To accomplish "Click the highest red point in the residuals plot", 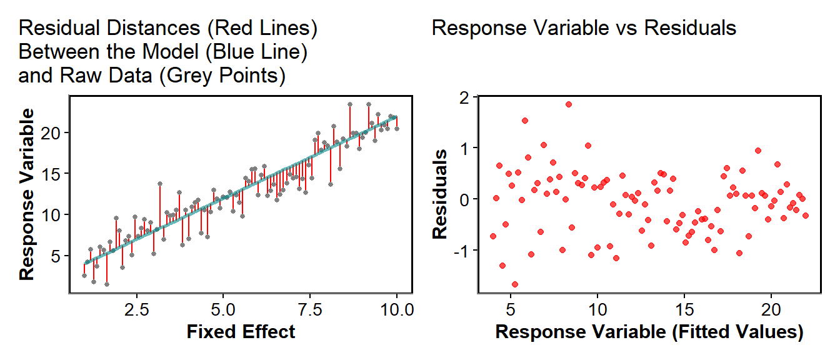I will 568,104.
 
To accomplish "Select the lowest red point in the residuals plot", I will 515,284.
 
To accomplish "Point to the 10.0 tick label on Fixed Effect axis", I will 396,310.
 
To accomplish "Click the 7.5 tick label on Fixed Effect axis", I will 309,310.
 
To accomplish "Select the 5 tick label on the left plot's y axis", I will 56,256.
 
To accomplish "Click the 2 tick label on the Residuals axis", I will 463,97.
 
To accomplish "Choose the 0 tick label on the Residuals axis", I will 463,199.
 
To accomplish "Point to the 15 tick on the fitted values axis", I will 684,310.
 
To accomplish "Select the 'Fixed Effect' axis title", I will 241,332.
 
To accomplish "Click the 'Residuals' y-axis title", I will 441,194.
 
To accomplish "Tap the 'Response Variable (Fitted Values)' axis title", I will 649,332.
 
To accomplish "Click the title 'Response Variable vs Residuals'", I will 584,29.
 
